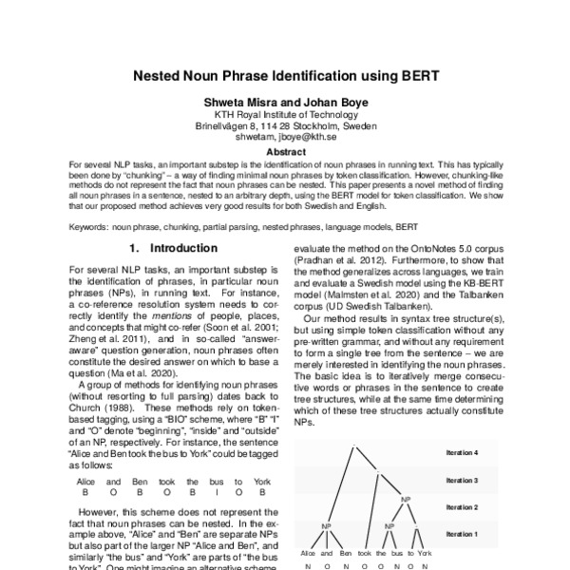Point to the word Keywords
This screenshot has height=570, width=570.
click(x=88, y=227)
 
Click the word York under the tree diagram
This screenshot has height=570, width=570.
click(x=425, y=551)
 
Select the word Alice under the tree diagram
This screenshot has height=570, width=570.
click(x=309, y=551)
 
